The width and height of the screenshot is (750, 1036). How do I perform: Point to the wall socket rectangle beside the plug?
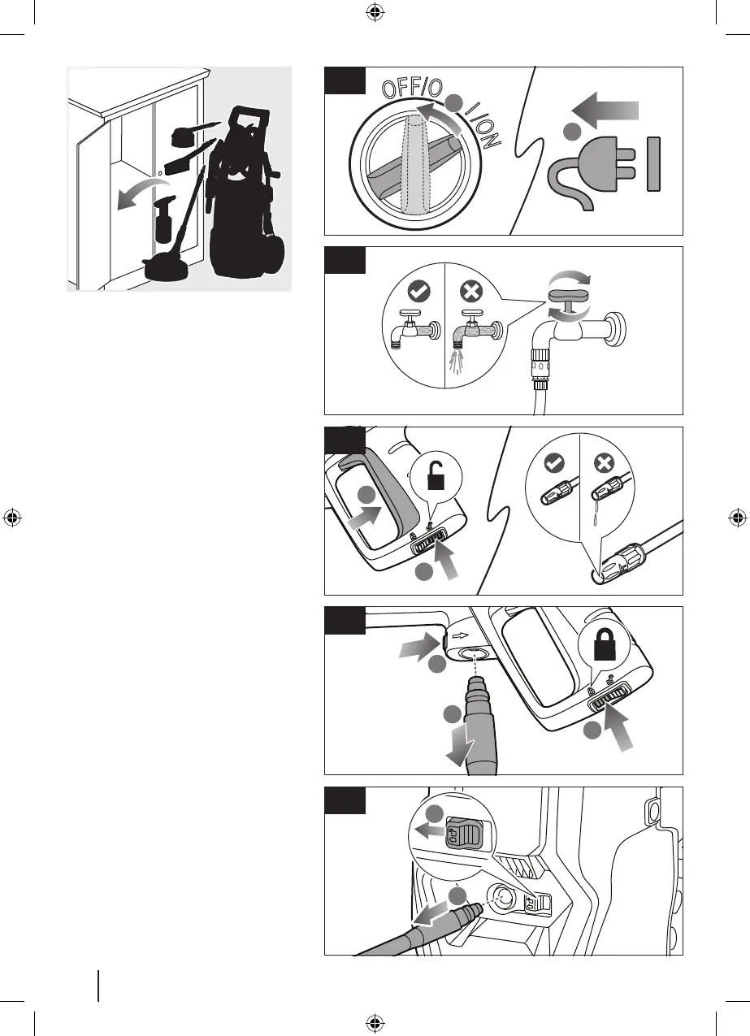(x=654, y=163)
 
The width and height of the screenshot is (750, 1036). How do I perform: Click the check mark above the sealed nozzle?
(x=553, y=462)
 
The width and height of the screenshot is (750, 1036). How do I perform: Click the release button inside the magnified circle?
(x=462, y=835)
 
